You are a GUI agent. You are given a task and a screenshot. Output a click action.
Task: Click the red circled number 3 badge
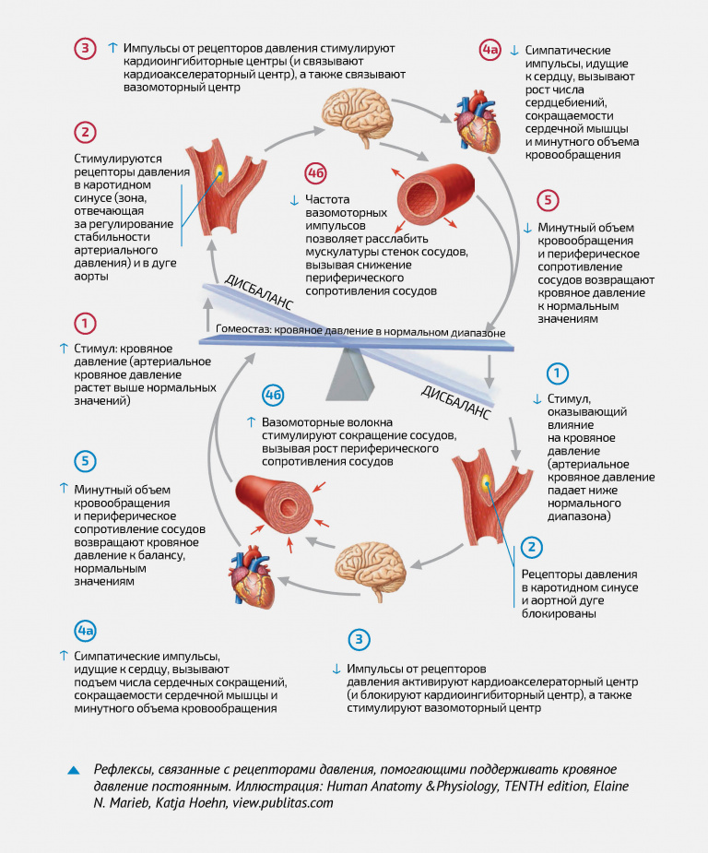pos(85,49)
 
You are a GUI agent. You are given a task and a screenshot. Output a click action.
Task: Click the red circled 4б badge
pos(317,172)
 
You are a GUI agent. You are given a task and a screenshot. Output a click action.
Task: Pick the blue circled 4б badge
pos(273,396)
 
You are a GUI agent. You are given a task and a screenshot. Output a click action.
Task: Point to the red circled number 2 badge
pos(85,133)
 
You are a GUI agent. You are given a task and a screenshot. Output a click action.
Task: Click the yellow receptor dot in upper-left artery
pos(220,172)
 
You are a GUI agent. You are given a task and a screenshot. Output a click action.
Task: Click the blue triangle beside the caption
pos(74,770)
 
